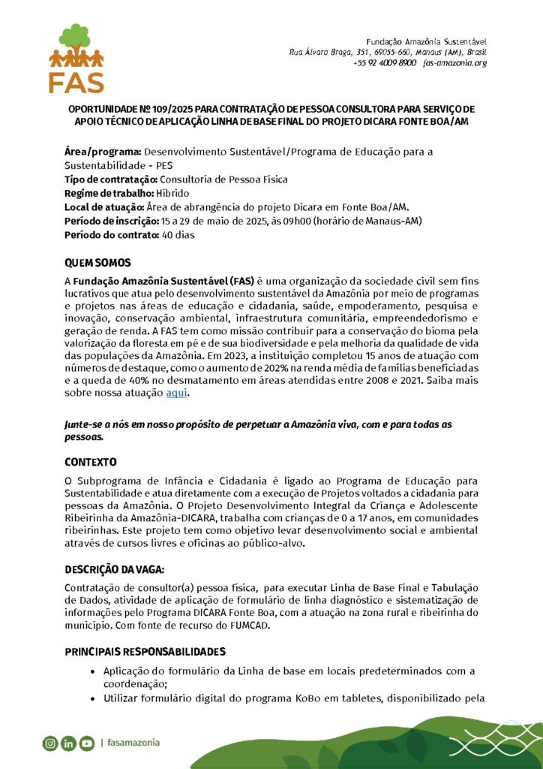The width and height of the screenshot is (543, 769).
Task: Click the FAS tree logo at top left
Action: (76, 57)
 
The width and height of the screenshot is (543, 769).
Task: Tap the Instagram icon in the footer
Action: (50, 743)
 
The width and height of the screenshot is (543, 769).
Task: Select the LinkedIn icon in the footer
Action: (68, 743)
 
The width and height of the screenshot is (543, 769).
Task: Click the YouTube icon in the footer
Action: (86, 743)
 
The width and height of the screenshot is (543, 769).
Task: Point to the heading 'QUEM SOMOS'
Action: (97, 263)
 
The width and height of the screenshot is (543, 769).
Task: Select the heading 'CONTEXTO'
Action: (90, 461)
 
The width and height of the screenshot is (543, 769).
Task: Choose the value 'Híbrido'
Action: (173, 193)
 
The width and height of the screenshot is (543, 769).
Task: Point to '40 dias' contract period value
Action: (178, 234)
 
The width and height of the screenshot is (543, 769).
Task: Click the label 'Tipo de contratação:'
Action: (110, 179)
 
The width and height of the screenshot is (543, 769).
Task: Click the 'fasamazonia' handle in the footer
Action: (133, 743)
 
